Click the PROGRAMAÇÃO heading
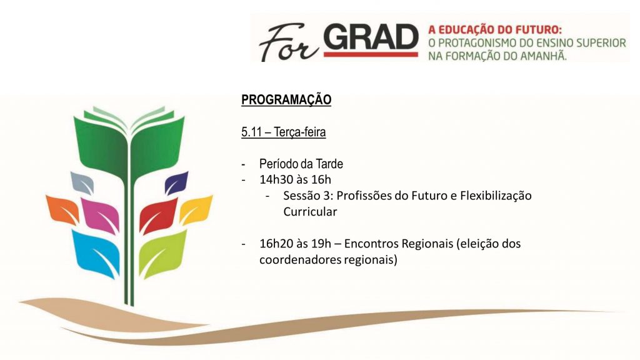(x=286, y=101)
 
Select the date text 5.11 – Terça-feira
(x=283, y=132)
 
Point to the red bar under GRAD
(x=372, y=55)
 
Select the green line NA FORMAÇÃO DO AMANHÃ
(x=497, y=56)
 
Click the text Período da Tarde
(x=301, y=164)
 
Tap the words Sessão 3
(x=306, y=196)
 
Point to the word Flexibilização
(x=495, y=196)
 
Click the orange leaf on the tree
(x=61, y=209)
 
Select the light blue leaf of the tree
(x=96, y=252)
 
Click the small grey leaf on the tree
(x=82, y=182)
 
